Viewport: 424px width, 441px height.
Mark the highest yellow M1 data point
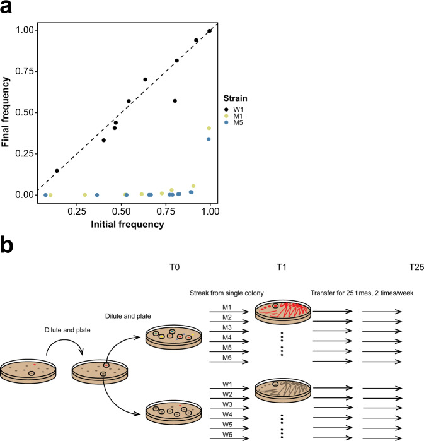point(209,128)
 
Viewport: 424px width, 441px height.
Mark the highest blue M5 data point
point(209,139)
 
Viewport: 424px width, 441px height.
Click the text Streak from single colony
point(227,293)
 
